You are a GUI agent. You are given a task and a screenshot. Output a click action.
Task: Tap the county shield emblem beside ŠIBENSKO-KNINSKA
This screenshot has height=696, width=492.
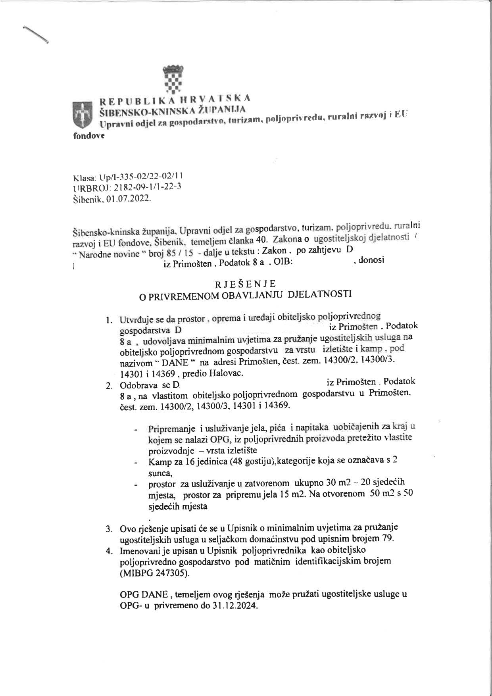tap(82, 114)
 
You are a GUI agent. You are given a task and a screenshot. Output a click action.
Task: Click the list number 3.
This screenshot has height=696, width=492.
tap(108, 529)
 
